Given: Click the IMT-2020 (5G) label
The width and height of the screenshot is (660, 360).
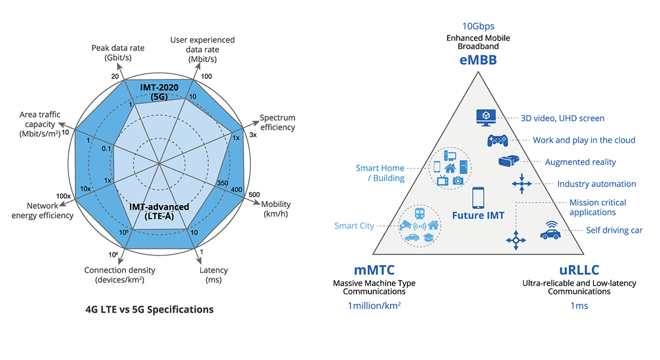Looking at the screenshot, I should coord(160,92).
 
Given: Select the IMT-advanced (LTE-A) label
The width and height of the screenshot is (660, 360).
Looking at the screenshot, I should coord(159,211).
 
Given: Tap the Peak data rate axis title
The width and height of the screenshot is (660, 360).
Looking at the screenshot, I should coord(118,52).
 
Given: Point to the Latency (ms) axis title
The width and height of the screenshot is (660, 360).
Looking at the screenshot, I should coord(214,275).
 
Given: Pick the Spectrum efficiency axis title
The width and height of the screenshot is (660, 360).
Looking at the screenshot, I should coord(277,122).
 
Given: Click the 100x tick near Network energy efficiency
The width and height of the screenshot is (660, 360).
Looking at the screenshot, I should coord(64,196).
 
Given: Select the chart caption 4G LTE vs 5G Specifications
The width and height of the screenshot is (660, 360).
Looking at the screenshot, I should coord(149,310).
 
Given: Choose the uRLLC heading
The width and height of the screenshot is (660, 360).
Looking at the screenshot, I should coord(579,270).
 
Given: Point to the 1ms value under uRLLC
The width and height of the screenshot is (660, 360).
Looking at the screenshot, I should coord(579,306).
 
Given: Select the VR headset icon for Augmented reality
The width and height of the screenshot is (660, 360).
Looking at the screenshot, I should coord(508,161).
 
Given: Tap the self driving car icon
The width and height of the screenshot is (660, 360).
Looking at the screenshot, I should coord(550,230).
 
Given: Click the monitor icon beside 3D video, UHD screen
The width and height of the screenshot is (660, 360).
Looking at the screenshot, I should coord(484,116).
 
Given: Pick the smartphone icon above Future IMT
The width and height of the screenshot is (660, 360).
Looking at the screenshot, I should coord(478,197).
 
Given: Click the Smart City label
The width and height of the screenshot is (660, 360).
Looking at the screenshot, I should coord(355,226).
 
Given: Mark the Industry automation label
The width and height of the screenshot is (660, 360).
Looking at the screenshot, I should coord(596,184).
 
